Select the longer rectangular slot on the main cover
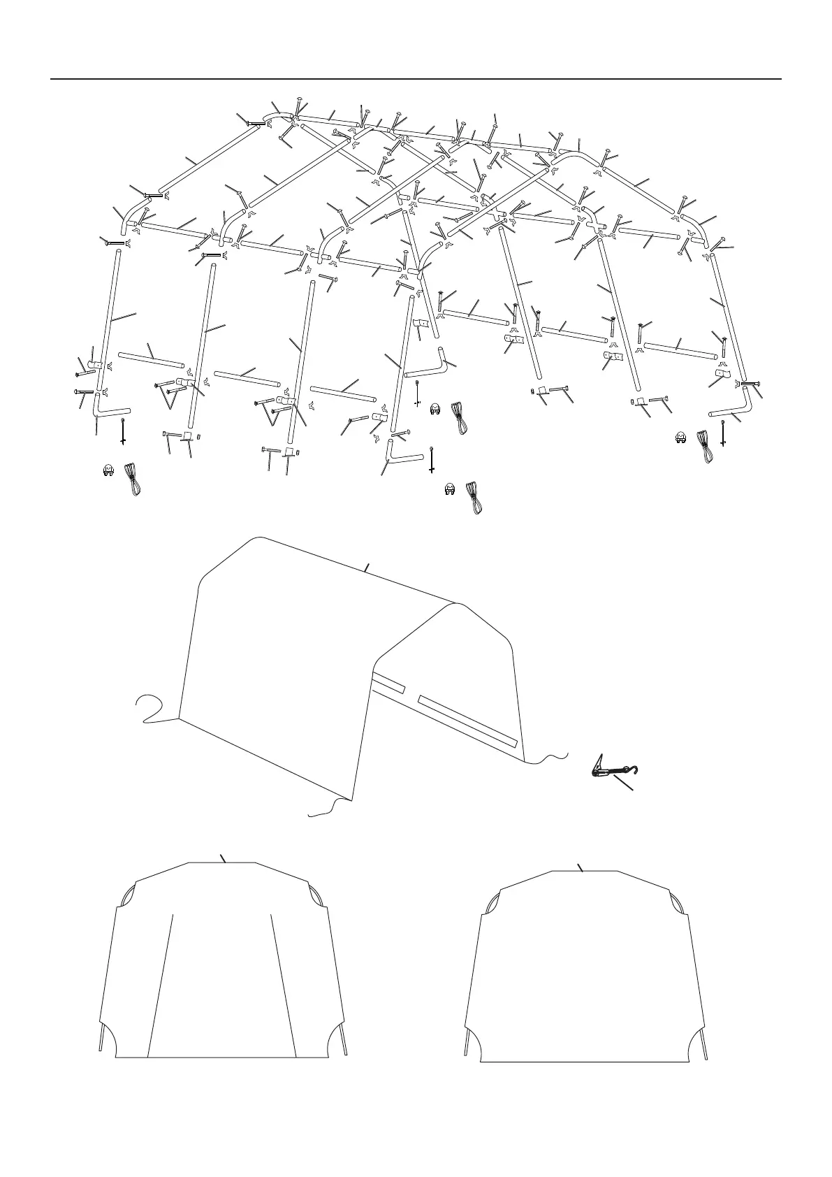(x=467, y=720)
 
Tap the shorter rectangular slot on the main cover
(x=389, y=684)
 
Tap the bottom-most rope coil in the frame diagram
(x=474, y=497)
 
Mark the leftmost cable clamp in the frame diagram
(x=108, y=472)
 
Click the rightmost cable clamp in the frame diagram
(x=678, y=439)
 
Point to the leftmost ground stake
(x=123, y=431)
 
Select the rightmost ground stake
(x=723, y=433)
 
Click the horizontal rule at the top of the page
(x=416, y=79)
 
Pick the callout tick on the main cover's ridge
(x=366, y=568)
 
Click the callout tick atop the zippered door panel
(x=223, y=859)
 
